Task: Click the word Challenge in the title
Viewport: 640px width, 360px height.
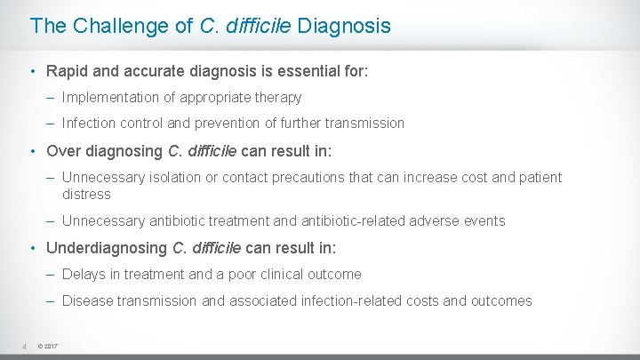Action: pyautogui.click(x=111, y=26)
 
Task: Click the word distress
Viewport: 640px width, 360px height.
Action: pyautogui.click(x=86, y=194)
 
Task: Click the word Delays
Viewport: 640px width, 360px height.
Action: pyautogui.click(x=84, y=274)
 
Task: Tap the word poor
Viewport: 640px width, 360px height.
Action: pyautogui.click(x=243, y=274)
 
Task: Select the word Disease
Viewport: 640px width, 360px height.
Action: pyautogui.click(x=87, y=300)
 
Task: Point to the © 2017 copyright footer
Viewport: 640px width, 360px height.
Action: pyautogui.click(x=48, y=346)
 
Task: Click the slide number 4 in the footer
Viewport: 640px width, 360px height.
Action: pyautogui.click(x=25, y=346)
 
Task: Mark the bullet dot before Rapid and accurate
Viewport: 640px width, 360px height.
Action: pyautogui.click(x=32, y=70)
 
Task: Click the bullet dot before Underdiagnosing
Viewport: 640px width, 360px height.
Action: pyautogui.click(x=32, y=247)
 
